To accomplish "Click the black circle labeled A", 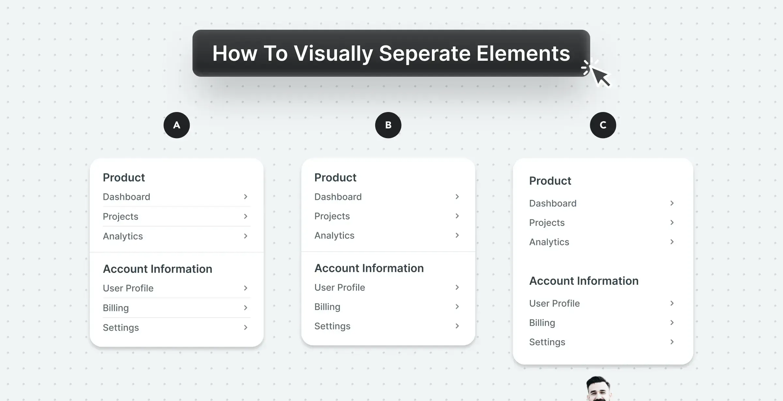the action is click(177, 125).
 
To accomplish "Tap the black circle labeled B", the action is click(388, 125).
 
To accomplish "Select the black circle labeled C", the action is click(603, 125).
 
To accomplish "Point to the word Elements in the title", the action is click(523, 53).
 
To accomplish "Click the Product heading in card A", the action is click(124, 177).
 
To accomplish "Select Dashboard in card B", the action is click(338, 197).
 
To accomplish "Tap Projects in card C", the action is click(547, 223).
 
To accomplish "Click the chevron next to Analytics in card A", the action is click(246, 236).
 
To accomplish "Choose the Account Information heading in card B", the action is click(369, 268).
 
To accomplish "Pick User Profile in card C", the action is click(554, 303).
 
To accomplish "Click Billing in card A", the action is click(116, 308).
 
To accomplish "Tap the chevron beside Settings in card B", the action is click(457, 326).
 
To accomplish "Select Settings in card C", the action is click(547, 342).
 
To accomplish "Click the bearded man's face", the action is click(598, 389).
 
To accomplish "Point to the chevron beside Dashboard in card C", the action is click(672, 203).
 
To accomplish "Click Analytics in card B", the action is click(334, 235).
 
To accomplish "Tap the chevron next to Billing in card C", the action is click(672, 323).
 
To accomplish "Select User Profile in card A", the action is click(128, 288).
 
